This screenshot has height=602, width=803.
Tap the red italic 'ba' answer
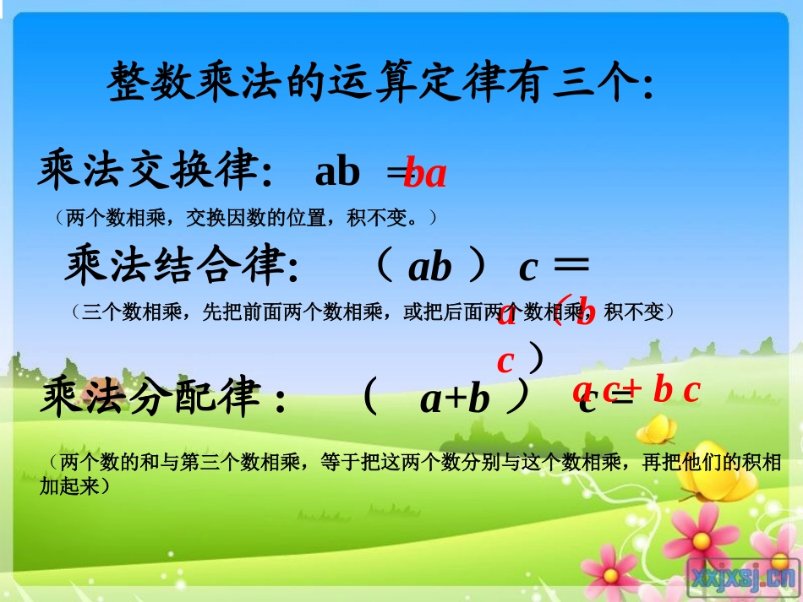point(425,174)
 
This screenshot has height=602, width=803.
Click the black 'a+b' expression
point(455,399)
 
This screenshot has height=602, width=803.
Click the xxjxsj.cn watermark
point(742,576)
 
